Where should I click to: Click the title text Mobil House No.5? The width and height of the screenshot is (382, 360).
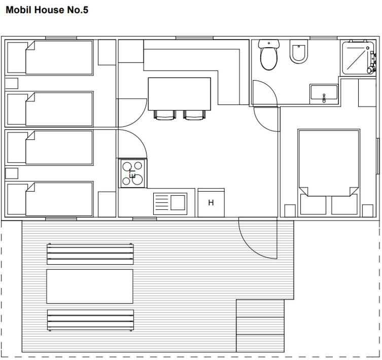coord(47,10)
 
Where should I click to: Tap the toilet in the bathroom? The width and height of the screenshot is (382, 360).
coord(269,55)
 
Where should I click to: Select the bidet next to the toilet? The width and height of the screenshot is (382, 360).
coord(299,52)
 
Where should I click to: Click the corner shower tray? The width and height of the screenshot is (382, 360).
coord(358,58)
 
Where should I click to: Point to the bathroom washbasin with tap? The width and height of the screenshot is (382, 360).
coord(324,94)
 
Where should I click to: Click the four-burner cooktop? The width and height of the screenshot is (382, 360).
coord(132,173)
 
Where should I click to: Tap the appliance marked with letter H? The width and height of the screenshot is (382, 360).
coord(211,202)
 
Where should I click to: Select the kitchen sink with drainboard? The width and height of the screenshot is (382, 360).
coord(170,204)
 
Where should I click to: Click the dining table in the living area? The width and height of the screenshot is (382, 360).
coord(179,94)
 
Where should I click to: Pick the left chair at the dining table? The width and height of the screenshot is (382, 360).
coord(165,115)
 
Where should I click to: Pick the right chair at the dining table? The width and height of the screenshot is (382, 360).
coord(194,115)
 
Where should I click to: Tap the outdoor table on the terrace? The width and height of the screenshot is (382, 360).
coord(90,286)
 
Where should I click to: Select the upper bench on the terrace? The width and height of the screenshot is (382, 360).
coord(90,254)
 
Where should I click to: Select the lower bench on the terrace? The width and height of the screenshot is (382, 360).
coord(90,320)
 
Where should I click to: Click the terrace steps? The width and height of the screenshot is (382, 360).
coord(260,326)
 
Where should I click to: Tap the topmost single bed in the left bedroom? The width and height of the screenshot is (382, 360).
coord(49,58)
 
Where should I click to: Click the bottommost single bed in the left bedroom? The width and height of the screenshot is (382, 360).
coord(49,199)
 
